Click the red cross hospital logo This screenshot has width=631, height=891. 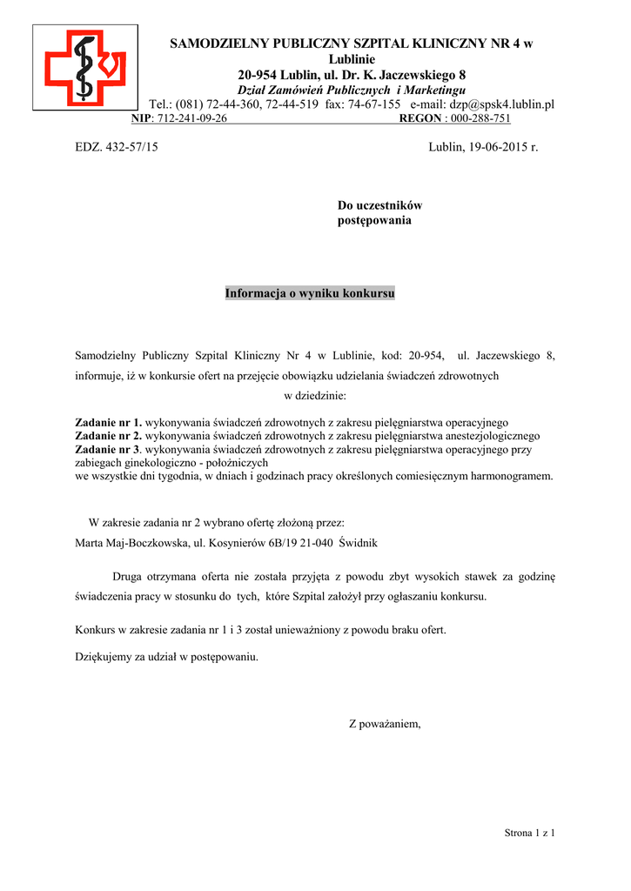[x=85, y=66]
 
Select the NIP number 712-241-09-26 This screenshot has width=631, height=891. [x=190, y=118]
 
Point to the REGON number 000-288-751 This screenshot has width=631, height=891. [x=480, y=118]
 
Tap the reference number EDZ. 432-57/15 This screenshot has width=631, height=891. [x=117, y=147]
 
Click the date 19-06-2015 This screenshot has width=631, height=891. [x=488, y=147]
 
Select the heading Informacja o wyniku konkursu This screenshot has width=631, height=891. [x=310, y=293]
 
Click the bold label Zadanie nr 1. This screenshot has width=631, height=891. [x=109, y=422]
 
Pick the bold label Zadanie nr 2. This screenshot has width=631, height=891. [x=109, y=435]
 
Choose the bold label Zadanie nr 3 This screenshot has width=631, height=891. [x=108, y=449]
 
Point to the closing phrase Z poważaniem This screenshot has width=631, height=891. [x=385, y=723]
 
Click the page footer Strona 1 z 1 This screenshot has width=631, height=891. [x=529, y=833]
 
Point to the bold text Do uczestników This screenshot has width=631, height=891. [x=379, y=205]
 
